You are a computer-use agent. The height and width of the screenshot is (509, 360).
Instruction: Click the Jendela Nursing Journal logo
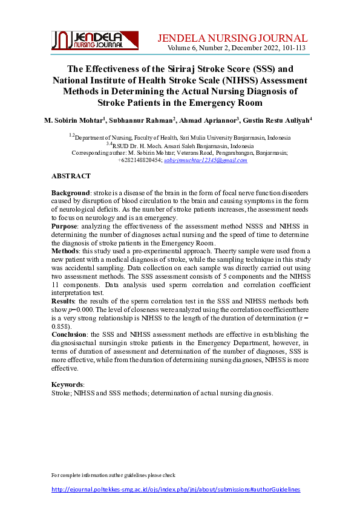click(95, 41)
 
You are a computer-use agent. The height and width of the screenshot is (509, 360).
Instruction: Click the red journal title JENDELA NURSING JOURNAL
click(232, 37)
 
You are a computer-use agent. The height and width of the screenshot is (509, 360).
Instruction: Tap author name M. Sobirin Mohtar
click(74, 120)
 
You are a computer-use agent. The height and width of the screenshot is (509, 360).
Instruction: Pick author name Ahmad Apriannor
click(209, 120)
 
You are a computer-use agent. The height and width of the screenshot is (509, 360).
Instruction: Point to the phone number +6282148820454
click(139, 160)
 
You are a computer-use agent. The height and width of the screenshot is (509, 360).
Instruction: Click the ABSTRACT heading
click(71, 176)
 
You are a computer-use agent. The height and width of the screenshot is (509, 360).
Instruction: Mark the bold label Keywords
click(68, 384)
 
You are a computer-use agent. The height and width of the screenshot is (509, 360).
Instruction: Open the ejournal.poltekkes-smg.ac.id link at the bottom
click(175, 490)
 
